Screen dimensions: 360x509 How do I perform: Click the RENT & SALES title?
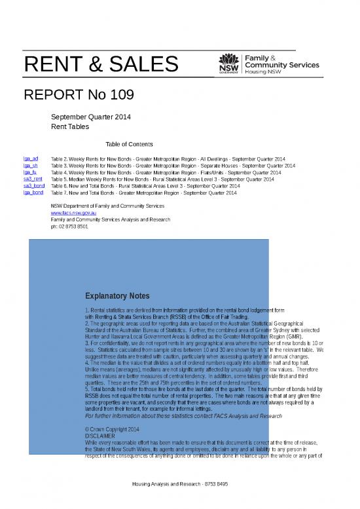point(101,65)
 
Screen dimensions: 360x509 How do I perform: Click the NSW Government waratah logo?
point(229,62)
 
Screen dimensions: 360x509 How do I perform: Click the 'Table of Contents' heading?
point(129,144)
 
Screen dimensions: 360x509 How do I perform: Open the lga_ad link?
point(31,159)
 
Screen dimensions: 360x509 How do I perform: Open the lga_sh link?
point(30,166)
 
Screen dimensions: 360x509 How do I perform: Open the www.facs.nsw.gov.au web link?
point(74,213)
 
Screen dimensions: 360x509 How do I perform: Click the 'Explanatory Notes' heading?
point(117,296)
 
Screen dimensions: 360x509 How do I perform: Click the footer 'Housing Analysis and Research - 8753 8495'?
point(179,502)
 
